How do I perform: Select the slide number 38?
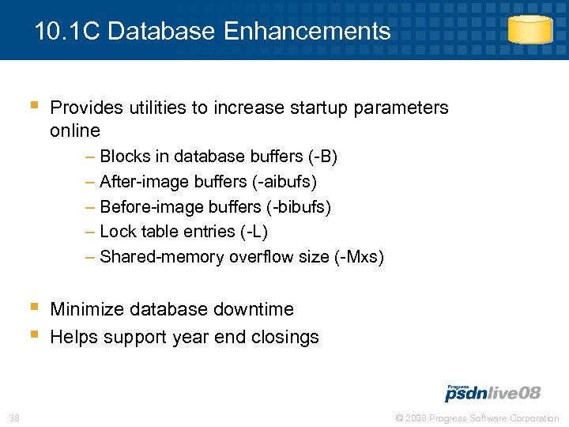[14, 418]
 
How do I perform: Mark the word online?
[75, 130]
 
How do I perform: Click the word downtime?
[254, 309]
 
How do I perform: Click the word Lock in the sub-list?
[116, 232]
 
